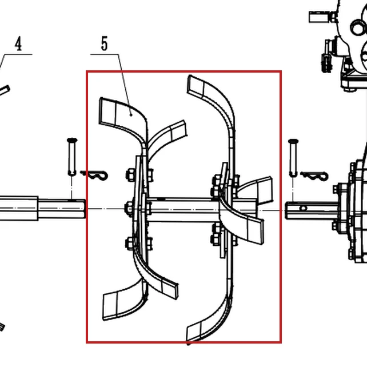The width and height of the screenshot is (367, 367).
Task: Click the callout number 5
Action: pos(105,43)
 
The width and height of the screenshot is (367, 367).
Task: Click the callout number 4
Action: pos(18,43)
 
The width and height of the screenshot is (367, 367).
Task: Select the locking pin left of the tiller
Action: pos(72,157)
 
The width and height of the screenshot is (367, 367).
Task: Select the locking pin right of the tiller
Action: pos(293,158)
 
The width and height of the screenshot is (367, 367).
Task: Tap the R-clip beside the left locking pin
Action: pos(94,175)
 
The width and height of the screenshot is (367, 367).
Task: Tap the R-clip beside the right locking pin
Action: pos(314,176)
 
